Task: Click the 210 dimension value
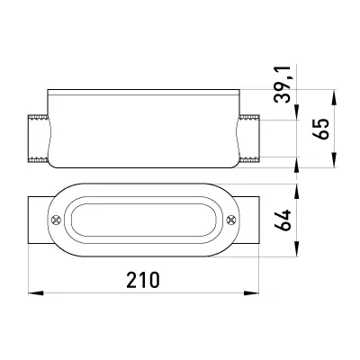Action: coord(143,280)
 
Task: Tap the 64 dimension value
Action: coord(283,220)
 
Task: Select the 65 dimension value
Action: coord(321,129)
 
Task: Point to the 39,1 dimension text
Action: coord(283,85)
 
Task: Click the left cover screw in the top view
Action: coord(56,220)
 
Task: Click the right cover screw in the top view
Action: coord(231,220)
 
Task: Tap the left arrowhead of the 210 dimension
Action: coord(35,292)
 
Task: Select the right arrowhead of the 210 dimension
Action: coord(251,292)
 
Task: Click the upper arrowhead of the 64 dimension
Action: coord(297,191)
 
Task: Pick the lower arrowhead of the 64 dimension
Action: coord(297,249)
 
